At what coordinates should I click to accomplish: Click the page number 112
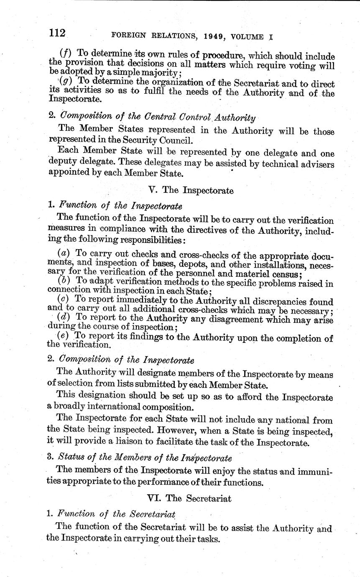pyautogui.click(x=56, y=33)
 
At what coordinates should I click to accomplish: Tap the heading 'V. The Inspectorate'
pyautogui.click(x=191, y=190)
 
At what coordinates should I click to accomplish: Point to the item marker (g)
pyautogui.click(x=66, y=81)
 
